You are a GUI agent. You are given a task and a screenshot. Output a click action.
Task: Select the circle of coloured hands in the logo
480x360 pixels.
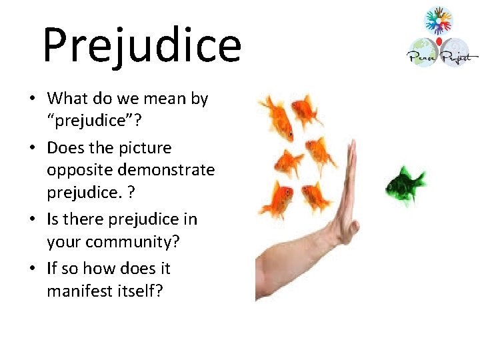[438, 21]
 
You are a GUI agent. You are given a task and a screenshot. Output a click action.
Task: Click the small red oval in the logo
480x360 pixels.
[439, 42]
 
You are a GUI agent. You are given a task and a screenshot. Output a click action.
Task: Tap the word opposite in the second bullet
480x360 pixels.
[75, 170]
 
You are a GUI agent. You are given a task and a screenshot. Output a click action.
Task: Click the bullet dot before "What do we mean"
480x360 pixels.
[32, 99]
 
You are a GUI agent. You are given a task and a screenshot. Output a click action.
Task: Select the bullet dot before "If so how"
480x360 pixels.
[32, 269]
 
